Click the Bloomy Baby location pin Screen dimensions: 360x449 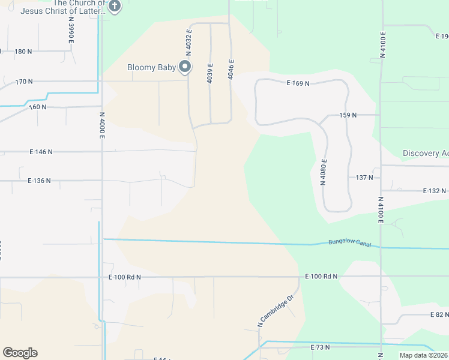coord(185,67)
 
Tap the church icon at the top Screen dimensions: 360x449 coord(115,7)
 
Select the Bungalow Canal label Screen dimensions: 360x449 coord(350,243)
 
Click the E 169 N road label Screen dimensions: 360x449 coord(298,83)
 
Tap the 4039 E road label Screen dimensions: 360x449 coord(209,73)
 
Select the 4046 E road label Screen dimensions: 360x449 coord(231,70)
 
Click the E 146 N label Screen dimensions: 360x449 coord(40,152)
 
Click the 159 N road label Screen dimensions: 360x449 coord(348,115)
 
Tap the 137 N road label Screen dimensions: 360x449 coord(364,178)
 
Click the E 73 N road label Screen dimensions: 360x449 coord(321,347)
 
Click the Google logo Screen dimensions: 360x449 coord(20,353)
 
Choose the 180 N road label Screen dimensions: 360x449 coord(23,52)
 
